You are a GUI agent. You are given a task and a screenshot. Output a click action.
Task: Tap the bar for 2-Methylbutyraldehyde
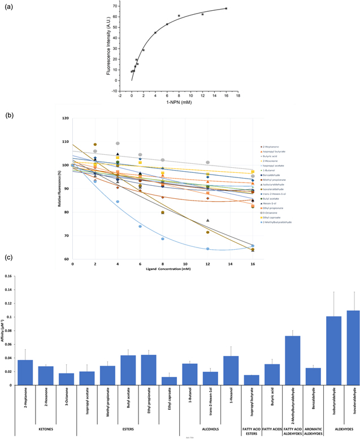coord(292,360)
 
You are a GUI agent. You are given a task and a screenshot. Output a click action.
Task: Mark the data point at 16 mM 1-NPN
coord(226,8)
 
